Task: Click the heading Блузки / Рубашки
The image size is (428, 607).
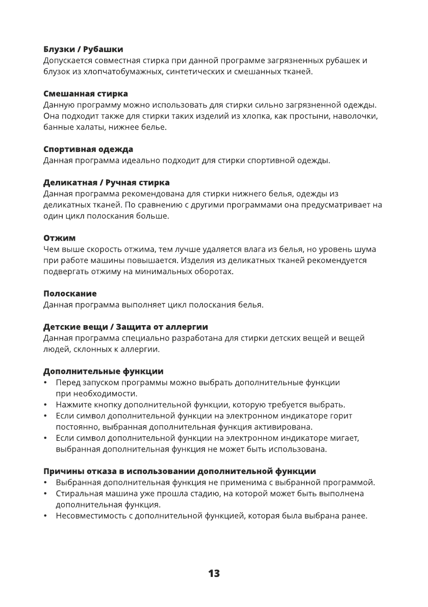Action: click(83, 49)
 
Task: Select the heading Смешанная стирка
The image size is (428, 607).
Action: click(85, 94)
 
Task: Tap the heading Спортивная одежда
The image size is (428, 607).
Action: click(88, 149)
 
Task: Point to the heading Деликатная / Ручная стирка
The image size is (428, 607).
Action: click(107, 182)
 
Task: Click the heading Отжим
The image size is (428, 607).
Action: click(59, 238)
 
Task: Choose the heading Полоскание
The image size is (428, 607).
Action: click(70, 294)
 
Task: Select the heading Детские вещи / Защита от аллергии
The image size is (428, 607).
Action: click(125, 326)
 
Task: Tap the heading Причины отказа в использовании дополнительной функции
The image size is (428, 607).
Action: click(179, 471)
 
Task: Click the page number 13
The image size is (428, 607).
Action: click(214, 573)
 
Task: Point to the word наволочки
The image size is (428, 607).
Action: click(355, 116)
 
